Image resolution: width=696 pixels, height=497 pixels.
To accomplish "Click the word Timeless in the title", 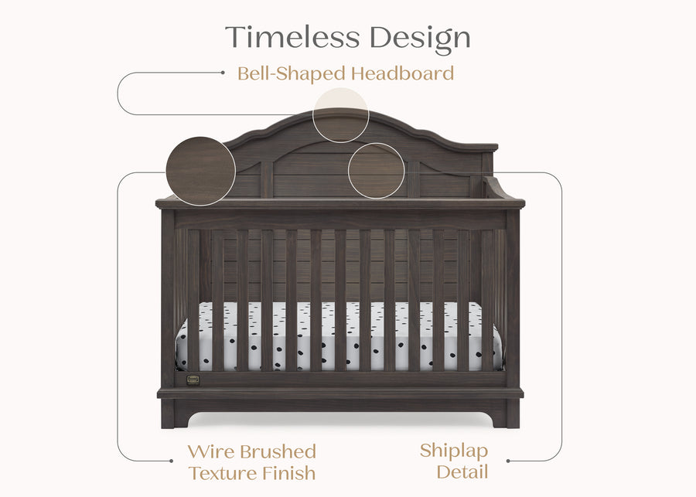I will tap(292, 37).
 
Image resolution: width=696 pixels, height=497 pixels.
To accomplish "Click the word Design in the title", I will tap(419, 37).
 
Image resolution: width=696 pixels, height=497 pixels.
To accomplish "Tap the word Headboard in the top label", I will tap(402, 74).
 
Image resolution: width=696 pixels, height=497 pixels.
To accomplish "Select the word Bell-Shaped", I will tap(291, 74).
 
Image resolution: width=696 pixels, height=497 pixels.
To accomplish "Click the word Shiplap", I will tap(454, 451).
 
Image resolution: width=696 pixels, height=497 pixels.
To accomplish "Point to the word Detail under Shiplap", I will tap(462, 471).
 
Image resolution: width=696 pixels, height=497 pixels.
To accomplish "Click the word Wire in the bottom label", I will tap(210, 452).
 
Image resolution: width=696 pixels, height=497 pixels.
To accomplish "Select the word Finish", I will tap(289, 473).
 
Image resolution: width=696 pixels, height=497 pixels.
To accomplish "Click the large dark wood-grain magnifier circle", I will tap(200, 171).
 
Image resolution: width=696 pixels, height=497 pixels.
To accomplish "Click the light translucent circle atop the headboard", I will tap(340, 115).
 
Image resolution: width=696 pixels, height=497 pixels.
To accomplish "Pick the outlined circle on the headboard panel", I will tap(376, 171).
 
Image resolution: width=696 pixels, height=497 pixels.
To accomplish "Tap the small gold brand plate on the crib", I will tap(193, 379).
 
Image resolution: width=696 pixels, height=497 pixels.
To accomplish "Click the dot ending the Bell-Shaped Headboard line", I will tap(223, 73).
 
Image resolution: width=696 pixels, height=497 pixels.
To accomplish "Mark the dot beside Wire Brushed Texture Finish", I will tap(172, 461).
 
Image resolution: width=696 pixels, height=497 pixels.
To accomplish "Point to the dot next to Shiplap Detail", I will tap(507, 461).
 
